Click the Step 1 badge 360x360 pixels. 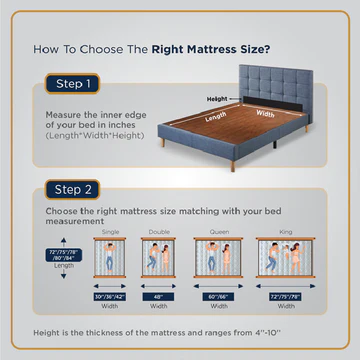72,84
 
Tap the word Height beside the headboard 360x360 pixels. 218,99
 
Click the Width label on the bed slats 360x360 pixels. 266,113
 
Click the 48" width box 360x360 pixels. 160,297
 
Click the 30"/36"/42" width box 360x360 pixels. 110,297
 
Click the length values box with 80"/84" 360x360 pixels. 64,256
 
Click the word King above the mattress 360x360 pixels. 285,231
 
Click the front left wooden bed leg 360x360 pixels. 162,142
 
